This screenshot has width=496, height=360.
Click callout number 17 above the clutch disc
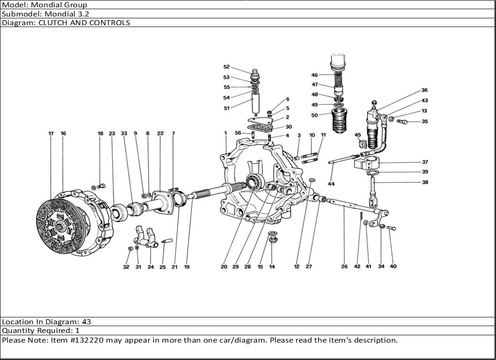pos(51,133)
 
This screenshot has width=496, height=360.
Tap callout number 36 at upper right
pos(425,90)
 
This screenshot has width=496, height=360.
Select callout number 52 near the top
pos(227,67)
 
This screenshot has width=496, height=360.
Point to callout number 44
pos(331,184)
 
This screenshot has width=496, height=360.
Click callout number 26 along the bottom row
pos(344,267)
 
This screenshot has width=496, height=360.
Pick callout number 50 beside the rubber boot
pos(315,115)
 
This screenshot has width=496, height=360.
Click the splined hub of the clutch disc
pos(62,225)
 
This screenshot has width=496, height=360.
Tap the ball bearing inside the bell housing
pos(255,182)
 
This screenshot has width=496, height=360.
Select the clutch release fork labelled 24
pos(146,238)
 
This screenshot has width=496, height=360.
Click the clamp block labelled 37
pos(366,162)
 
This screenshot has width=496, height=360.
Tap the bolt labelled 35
pos(402,121)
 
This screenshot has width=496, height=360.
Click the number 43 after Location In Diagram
pos(87,322)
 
